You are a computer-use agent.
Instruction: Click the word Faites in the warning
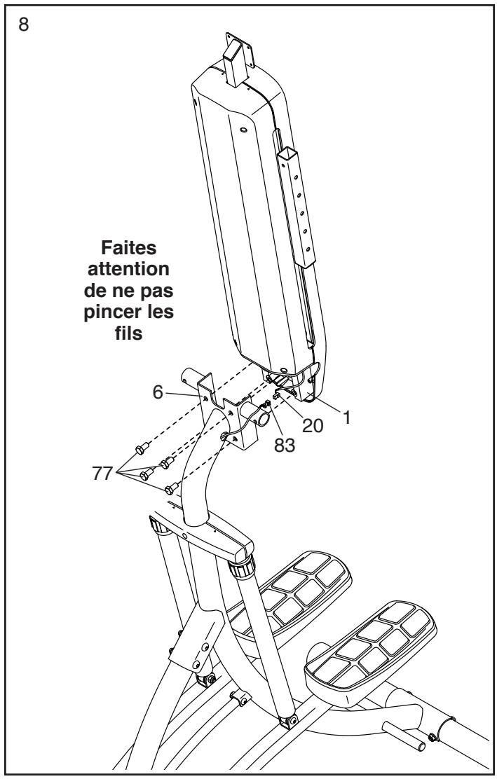point(136,250)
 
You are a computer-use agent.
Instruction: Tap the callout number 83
point(285,443)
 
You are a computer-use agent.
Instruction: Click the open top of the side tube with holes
point(289,153)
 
